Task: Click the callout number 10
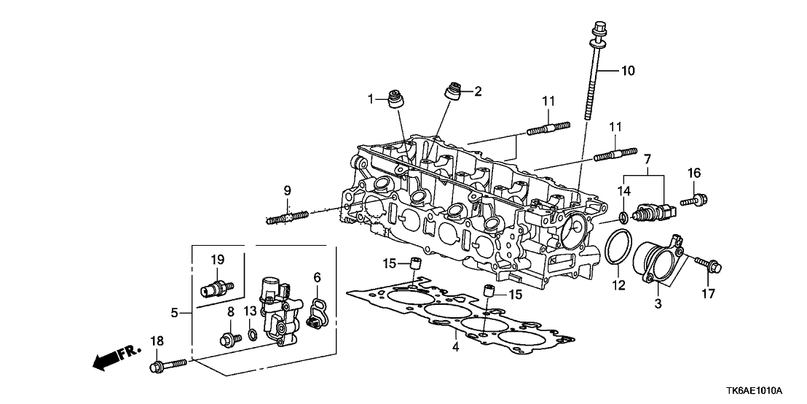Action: (x=627, y=71)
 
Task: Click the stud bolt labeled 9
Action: (x=288, y=217)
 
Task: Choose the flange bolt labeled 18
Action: (x=168, y=365)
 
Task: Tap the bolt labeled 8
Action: (x=228, y=338)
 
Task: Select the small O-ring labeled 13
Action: (x=251, y=335)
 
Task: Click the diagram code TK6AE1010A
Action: (x=763, y=390)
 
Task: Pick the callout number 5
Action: (x=175, y=313)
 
